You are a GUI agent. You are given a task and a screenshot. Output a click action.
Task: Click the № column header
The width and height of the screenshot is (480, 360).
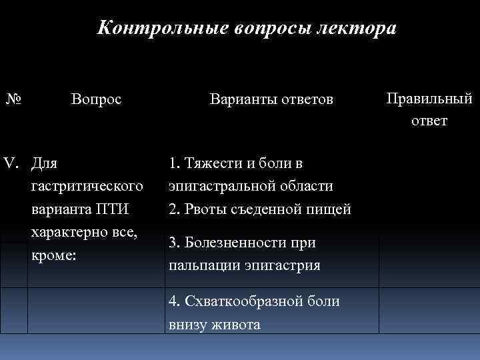[13, 99]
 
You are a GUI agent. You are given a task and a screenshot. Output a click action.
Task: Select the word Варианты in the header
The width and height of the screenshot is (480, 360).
[240, 99]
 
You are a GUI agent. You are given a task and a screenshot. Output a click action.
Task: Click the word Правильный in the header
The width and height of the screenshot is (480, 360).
[429, 99]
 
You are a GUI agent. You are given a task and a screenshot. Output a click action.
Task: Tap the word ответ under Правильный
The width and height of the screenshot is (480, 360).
[429, 121]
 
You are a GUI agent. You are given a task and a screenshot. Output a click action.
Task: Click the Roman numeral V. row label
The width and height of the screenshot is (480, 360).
[14, 164]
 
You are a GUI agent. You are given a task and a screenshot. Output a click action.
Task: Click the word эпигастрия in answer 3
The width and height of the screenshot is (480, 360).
[284, 265]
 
